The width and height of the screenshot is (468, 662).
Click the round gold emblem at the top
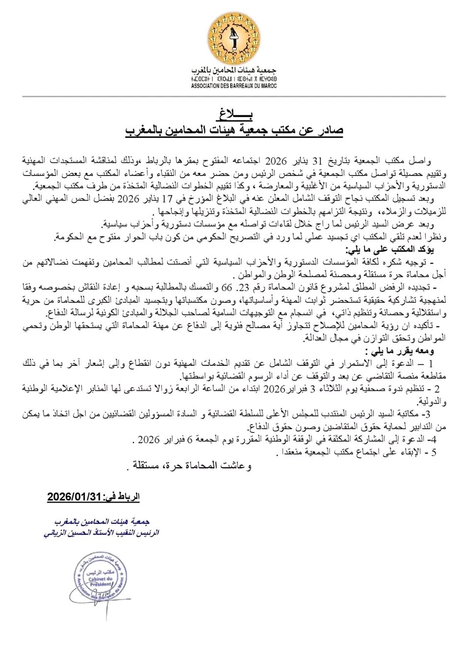(234, 38)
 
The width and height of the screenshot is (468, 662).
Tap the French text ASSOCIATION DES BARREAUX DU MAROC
(234, 86)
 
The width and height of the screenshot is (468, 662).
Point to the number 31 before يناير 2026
(317, 161)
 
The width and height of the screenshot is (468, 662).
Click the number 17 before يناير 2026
(169, 199)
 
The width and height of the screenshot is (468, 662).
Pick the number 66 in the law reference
(227, 287)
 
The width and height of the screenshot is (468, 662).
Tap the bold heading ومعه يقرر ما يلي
(399, 351)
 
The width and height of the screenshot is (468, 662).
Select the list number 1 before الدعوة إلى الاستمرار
(431, 364)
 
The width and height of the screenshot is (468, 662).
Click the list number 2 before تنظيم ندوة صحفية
(437, 389)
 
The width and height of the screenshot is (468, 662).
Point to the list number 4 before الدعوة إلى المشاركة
(433, 440)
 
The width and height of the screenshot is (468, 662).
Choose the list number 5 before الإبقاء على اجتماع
(434, 452)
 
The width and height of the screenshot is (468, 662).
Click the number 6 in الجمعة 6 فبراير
(190, 440)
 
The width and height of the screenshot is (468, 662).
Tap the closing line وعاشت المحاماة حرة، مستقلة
(191, 465)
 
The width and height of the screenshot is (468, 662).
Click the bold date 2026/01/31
(74, 496)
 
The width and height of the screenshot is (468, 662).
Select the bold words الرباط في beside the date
(122, 496)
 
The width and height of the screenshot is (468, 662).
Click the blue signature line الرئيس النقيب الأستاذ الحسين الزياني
(102, 533)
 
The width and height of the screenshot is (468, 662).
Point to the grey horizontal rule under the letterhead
(234, 97)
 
